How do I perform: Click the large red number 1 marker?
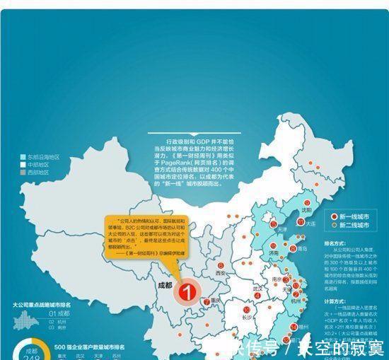click(187, 290)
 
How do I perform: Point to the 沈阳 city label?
click(303, 210)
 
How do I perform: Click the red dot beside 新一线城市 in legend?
click(334, 215)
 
